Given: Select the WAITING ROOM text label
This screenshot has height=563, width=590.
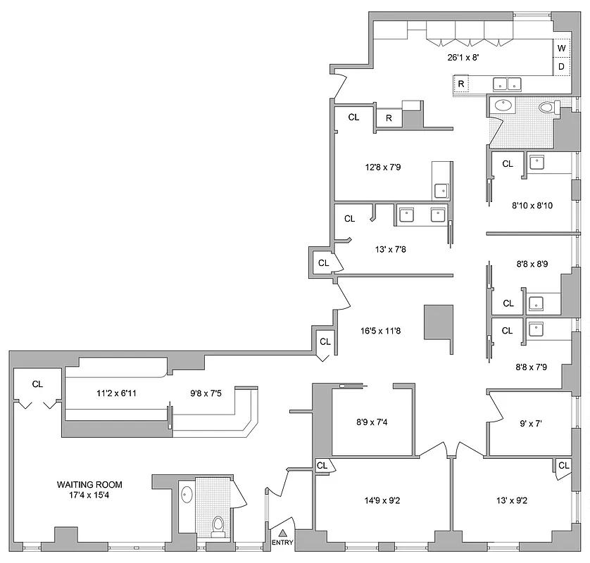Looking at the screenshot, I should pyautogui.click(x=89, y=484).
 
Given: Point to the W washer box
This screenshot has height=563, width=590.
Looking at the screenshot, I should pyautogui.click(x=562, y=48).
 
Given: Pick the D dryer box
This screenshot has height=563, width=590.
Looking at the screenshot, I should pyautogui.click(x=562, y=66).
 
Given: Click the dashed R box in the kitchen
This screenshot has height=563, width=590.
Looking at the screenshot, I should pyautogui.click(x=461, y=84).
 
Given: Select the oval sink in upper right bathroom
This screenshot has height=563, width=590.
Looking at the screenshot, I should pyautogui.click(x=503, y=106).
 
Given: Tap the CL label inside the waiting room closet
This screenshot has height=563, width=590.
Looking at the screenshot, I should pyautogui.click(x=38, y=384).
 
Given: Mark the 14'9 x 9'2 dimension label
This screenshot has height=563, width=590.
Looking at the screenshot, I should pyautogui.click(x=379, y=501).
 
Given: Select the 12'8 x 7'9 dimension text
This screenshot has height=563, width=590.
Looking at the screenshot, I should pyautogui.click(x=382, y=167).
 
